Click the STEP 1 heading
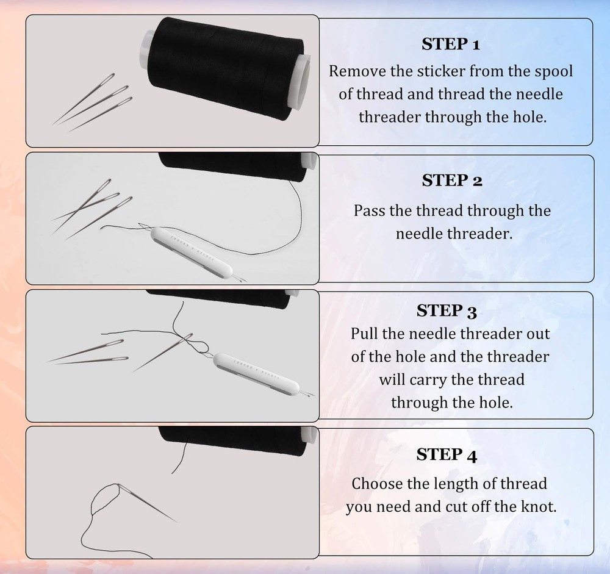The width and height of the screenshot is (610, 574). pyautogui.click(x=451, y=44)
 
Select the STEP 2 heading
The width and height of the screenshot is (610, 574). pyautogui.click(x=452, y=181)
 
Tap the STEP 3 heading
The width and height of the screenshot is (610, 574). pyautogui.click(x=447, y=311)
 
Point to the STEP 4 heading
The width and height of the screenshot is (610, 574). pyautogui.click(x=447, y=455)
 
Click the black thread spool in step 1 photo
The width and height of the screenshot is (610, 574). pyautogui.click(x=224, y=69)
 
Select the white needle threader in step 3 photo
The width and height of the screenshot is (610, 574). pyautogui.click(x=256, y=375)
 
